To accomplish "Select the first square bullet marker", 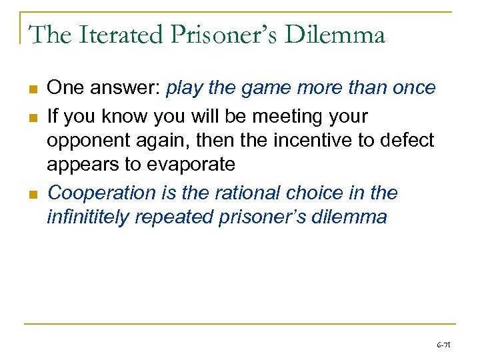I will (x=32, y=89).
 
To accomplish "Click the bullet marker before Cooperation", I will (x=32, y=194).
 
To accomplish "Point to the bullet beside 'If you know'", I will (x=32, y=117).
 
